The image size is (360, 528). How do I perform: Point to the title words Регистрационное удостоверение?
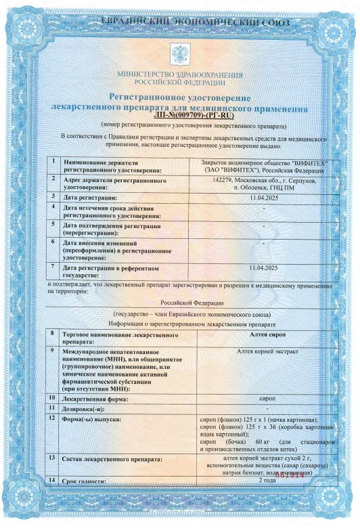pos(180,100)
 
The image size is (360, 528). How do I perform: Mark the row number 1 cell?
pos(52,162)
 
